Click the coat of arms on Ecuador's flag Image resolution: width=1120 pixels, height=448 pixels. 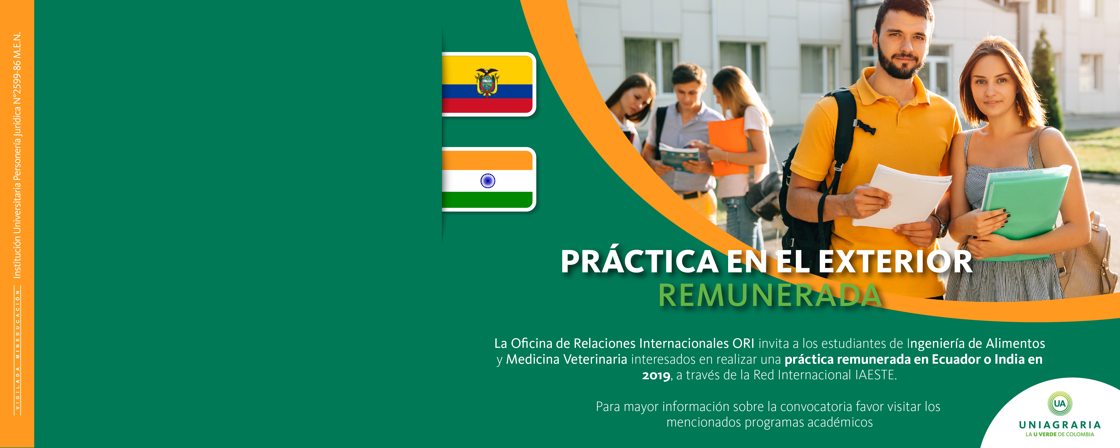487,82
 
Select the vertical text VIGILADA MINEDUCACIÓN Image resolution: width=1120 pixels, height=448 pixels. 18,350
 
